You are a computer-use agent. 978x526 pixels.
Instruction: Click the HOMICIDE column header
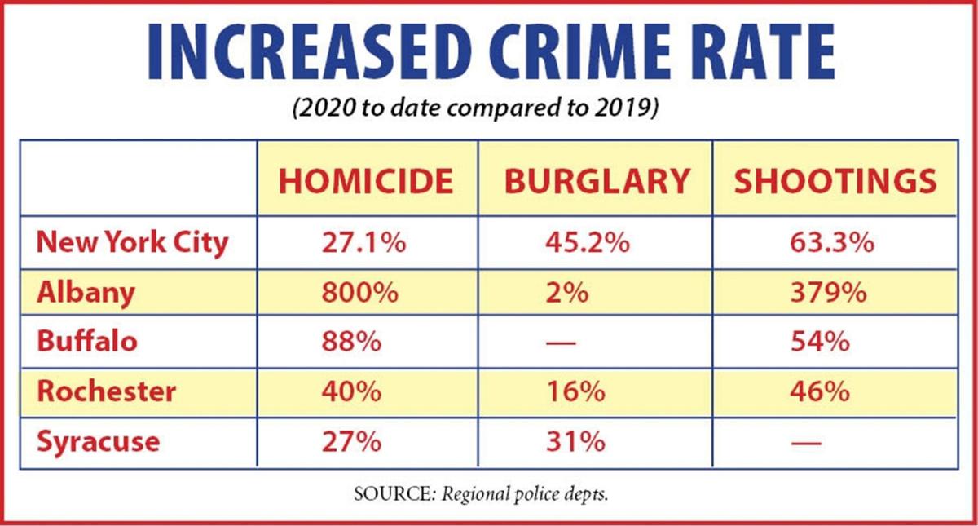point(366,183)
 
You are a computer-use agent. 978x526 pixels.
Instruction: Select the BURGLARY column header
point(597,183)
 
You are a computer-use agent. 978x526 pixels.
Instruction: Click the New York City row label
point(132,242)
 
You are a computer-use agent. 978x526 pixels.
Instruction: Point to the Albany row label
point(86,292)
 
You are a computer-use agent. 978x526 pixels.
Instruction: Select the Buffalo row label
point(87,341)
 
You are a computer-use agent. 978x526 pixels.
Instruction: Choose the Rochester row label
point(106,391)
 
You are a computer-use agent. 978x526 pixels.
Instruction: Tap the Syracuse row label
point(99,441)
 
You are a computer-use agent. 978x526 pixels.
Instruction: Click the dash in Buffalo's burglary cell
point(562,343)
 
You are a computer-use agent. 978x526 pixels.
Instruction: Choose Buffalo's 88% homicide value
point(350,341)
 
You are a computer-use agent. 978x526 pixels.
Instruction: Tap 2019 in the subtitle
point(625,110)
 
